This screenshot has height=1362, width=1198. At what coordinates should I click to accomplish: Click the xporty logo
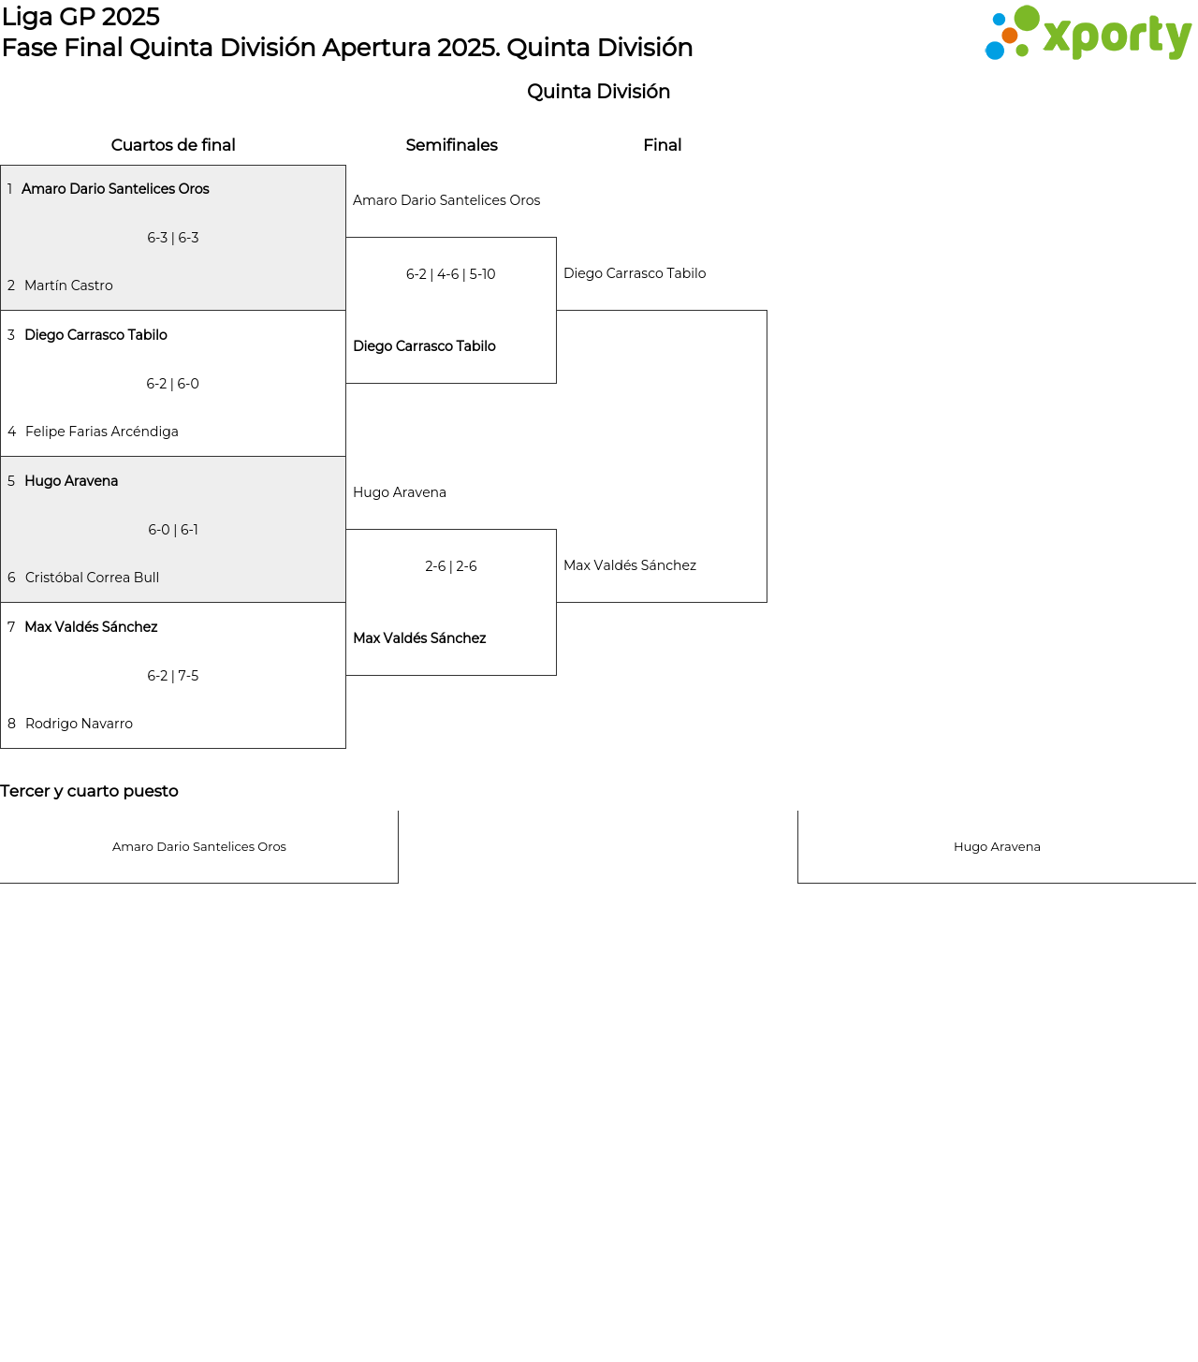coord(1088,32)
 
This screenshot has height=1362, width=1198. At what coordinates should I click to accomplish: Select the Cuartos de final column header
coord(173,145)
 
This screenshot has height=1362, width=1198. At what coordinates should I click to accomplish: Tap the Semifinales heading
coord(452,145)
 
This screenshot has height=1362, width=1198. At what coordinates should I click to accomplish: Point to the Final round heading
coord(663,145)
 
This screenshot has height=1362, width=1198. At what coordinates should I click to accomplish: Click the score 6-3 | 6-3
coord(173,238)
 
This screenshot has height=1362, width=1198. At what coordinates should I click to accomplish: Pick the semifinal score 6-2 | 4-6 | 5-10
coord(450,274)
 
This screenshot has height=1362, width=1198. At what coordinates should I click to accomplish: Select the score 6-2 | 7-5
coord(173,676)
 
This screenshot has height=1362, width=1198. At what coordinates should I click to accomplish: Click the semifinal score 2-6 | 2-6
coord(450,566)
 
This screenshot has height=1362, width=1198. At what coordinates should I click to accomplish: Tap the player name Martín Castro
coord(68,286)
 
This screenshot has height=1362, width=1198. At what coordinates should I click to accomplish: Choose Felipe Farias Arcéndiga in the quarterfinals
coord(101,432)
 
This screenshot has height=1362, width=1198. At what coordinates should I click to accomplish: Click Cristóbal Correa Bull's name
coord(92,578)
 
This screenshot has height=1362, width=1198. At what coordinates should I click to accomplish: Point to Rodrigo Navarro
coord(79,724)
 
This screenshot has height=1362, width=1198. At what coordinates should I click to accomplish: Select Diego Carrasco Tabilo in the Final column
coord(635,273)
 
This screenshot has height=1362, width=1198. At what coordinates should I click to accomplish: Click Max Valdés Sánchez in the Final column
coord(630,565)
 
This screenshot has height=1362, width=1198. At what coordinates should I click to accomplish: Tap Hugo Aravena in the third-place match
coord(997,847)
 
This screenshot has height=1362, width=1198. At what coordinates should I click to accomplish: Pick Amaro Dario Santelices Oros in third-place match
coord(199,847)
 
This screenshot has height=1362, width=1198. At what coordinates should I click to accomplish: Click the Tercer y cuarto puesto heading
coord(90,791)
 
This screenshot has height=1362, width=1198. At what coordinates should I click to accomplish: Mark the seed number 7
coord(11,627)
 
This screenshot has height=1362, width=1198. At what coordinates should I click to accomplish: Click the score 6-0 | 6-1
coord(173,530)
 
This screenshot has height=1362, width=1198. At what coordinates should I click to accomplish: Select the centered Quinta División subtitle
coord(598,92)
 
